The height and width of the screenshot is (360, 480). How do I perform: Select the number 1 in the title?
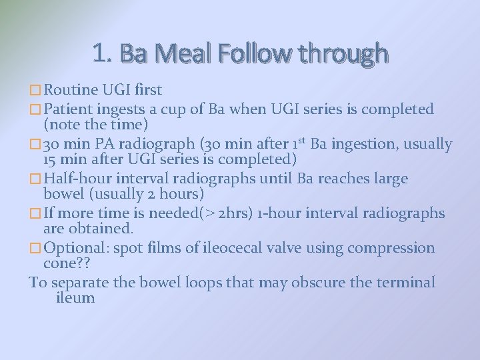pyautogui.click(x=100, y=53)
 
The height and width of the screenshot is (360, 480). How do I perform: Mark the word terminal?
pyautogui.click(x=405, y=282)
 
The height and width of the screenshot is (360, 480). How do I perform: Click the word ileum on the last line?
pyautogui.click(x=75, y=298)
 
